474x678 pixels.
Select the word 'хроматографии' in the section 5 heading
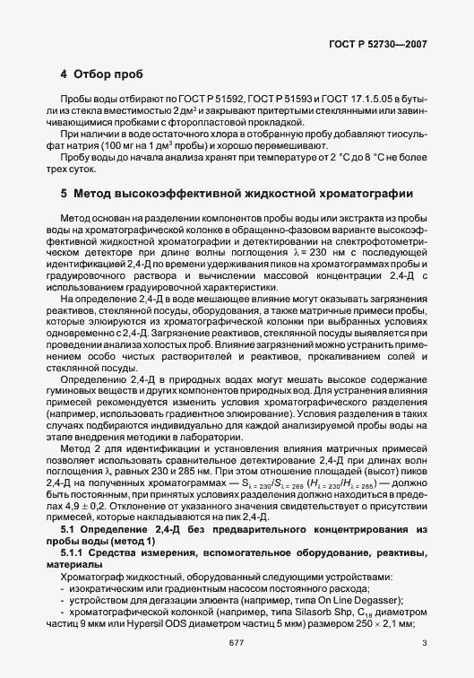click(x=362, y=193)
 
